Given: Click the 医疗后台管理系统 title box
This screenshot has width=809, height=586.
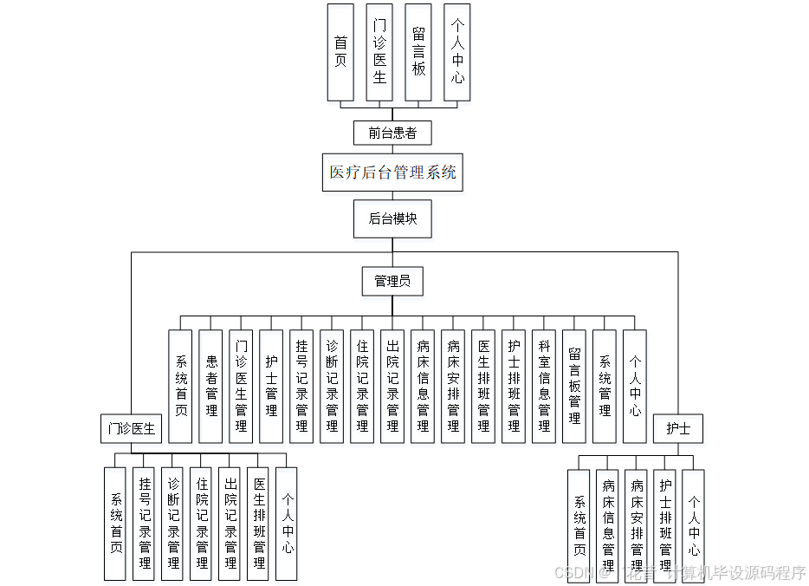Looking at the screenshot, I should [392, 172].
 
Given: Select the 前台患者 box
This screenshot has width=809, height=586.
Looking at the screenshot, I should [392, 133].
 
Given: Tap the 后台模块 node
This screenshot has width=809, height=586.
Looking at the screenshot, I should [392, 218].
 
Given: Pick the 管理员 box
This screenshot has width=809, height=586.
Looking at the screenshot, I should [392, 281].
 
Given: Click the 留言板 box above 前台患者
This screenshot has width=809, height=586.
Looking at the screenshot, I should [418, 52].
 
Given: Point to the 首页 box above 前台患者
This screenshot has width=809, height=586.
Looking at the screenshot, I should [340, 52].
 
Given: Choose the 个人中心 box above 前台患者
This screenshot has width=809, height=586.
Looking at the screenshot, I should [457, 52].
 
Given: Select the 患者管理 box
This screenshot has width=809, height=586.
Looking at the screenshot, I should [210, 386].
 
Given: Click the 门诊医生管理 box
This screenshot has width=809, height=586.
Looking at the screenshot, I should [241, 386].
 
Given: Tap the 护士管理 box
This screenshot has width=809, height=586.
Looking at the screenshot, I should [271, 386].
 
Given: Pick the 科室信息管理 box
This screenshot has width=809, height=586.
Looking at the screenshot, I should [544, 386].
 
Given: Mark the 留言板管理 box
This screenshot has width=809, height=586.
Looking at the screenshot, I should [574, 386].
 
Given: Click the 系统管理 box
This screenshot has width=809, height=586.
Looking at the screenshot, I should [605, 386].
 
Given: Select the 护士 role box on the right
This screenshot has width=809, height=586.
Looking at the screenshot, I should [678, 428].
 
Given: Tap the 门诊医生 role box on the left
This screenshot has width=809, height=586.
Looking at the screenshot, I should [131, 428].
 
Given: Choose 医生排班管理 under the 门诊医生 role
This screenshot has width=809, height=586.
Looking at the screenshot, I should [258, 524].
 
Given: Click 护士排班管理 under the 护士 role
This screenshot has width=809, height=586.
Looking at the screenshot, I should [665, 525].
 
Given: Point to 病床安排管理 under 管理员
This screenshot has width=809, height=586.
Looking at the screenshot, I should [453, 386].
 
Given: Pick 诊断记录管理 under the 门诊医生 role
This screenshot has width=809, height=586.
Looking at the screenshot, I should [172, 524].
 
